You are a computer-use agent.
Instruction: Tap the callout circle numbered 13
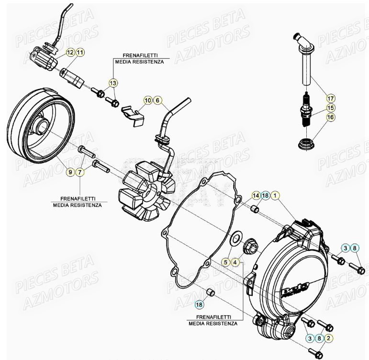[x=112, y=83]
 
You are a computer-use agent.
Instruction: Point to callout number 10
[x=148, y=100]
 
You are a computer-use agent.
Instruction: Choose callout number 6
[x=158, y=100]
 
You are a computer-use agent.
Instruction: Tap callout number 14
[x=256, y=195]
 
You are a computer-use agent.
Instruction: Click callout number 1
[x=276, y=195]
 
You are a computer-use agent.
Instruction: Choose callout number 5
[x=225, y=262]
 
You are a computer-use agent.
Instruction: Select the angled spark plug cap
[x=303, y=53]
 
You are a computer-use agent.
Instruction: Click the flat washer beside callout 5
[x=235, y=239]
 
